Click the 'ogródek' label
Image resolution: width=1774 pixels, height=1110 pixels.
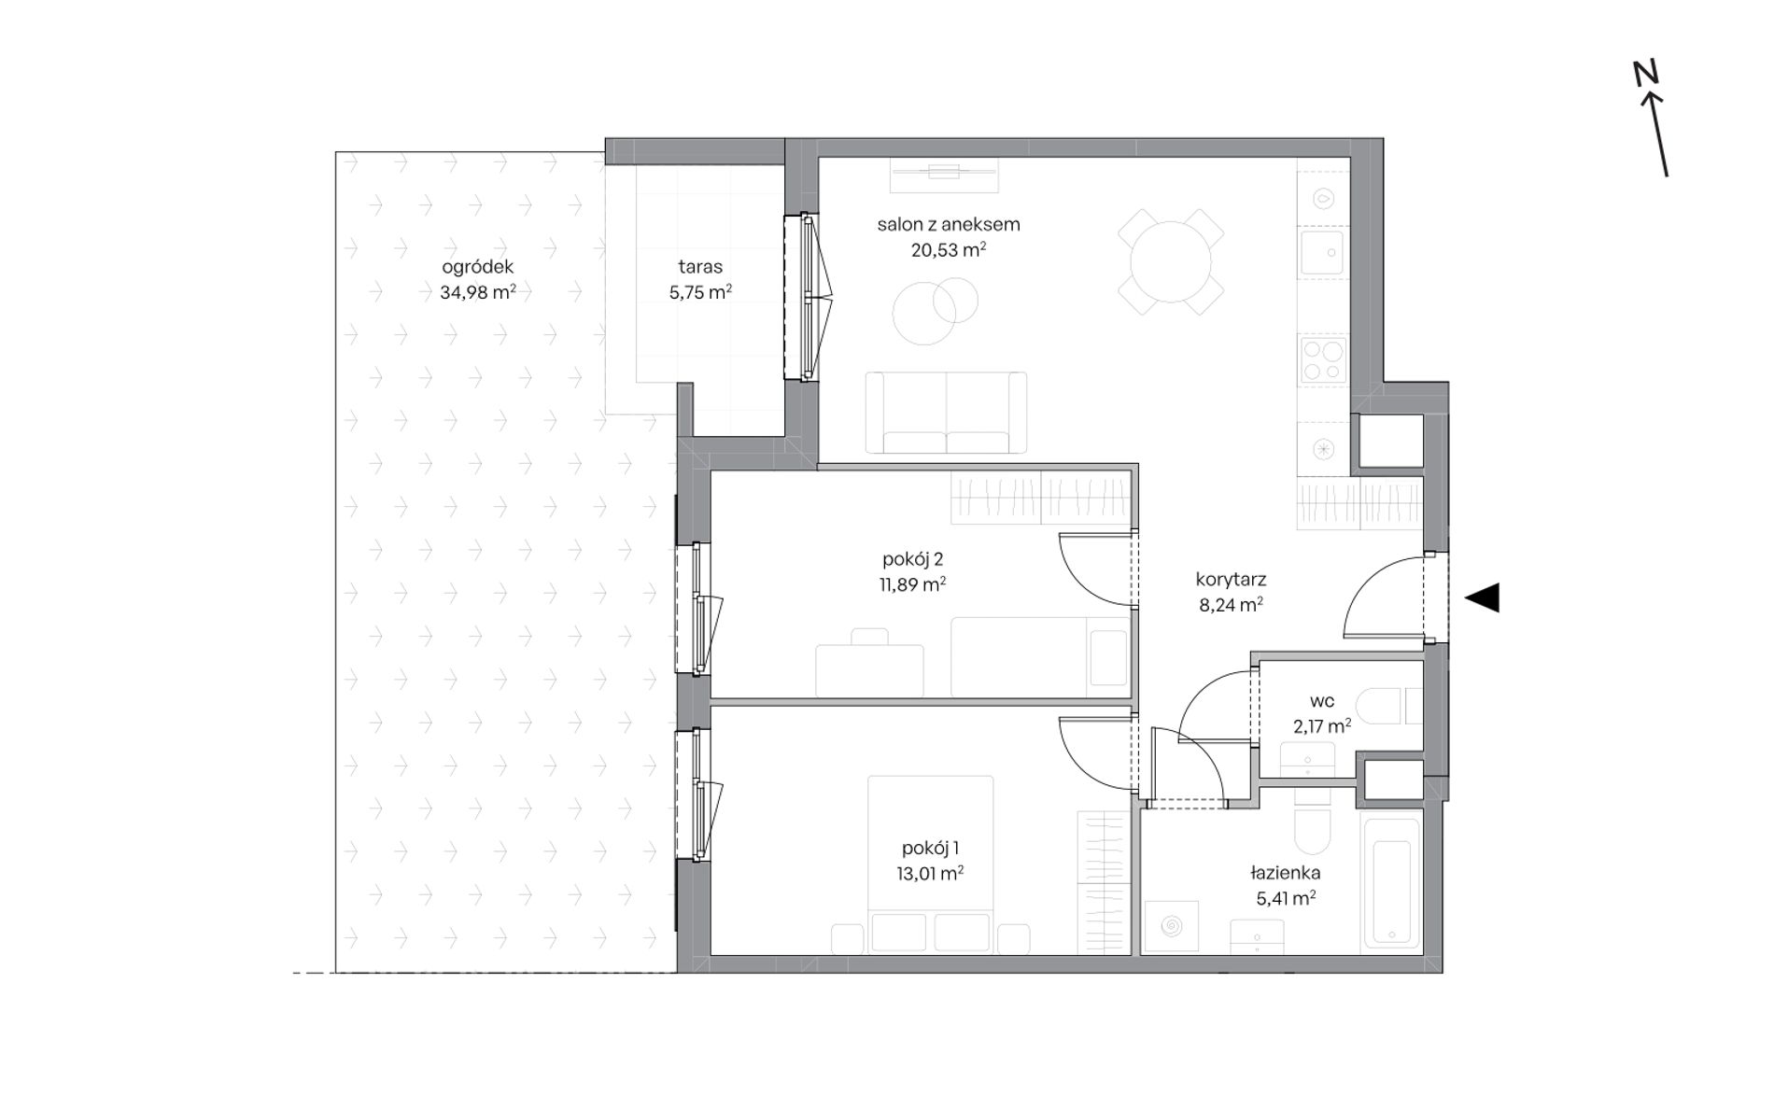[477, 267]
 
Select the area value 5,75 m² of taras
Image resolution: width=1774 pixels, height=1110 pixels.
[700, 291]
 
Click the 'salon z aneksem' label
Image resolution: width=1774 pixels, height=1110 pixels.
[948, 224]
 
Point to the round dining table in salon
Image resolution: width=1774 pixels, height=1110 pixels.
[1171, 261]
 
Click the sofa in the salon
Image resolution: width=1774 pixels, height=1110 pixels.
[946, 414]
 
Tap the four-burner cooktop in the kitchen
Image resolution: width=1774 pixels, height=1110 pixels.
[1323, 359]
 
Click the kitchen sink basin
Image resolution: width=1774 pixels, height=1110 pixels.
[1322, 252]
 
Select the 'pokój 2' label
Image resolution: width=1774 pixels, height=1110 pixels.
[912, 559]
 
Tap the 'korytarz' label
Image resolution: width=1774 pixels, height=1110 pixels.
[1231, 580]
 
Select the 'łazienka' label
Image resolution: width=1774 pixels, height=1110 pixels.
[1285, 874]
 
